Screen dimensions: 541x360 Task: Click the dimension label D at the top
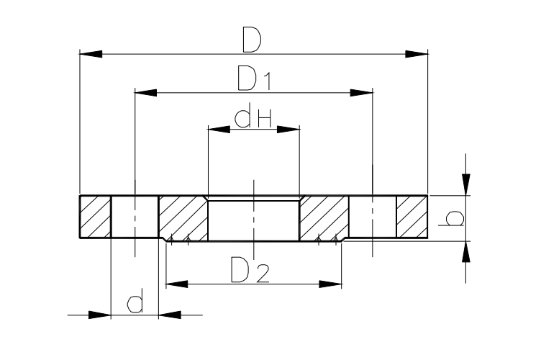point(252,40)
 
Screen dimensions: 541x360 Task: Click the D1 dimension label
point(255,78)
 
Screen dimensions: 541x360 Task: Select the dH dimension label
point(253,117)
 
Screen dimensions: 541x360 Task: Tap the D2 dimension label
point(250,269)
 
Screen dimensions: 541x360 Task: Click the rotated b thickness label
point(451,218)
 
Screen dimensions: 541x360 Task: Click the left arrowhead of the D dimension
point(91,54)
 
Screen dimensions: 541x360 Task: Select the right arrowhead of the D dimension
point(417,54)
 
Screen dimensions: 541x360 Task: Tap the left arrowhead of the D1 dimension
point(145,93)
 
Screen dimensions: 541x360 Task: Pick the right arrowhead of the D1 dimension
point(362,93)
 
